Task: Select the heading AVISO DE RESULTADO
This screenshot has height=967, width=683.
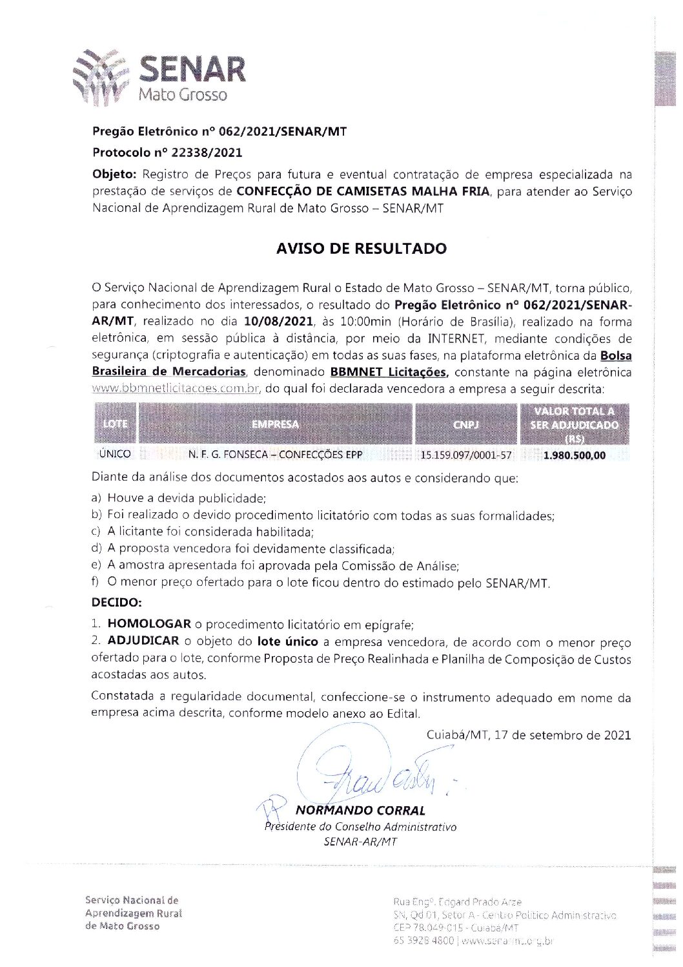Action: [x=362, y=249]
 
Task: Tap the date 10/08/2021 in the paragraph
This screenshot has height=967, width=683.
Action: [x=279, y=322]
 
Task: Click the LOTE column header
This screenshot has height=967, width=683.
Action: [x=116, y=424]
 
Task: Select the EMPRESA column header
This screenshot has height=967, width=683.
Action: [x=276, y=424]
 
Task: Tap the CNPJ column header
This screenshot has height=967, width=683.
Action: [x=466, y=424]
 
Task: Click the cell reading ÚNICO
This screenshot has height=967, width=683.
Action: [x=115, y=454]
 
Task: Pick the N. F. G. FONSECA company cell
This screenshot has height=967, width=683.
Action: [x=276, y=455]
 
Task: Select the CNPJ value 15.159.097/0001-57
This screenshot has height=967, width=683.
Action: [x=466, y=455]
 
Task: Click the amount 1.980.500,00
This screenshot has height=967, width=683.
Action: [x=575, y=455]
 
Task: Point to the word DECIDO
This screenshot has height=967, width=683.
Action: [x=116, y=603]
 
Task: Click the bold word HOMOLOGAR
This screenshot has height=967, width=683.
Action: [x=149, y=624]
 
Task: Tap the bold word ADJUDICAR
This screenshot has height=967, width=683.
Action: [x=143, y=641]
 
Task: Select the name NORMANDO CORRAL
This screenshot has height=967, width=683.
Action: [x=360, y=810]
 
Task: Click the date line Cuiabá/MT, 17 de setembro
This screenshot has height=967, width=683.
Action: [x=529, y=735]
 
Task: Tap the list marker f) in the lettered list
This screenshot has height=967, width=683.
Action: [x=96, y=582]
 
